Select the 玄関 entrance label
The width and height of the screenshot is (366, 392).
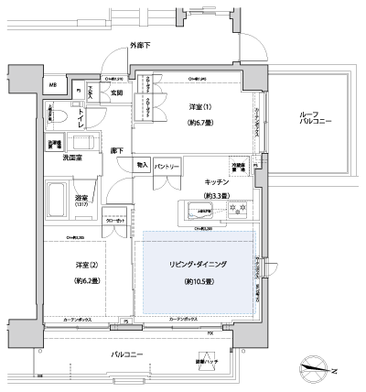pyautogui.click(x=118, y=93)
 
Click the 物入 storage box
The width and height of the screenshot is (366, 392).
pyautogui.click(x=142, y=165)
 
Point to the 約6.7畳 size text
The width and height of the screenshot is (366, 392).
pyautogui.click(x=199, y=121)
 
